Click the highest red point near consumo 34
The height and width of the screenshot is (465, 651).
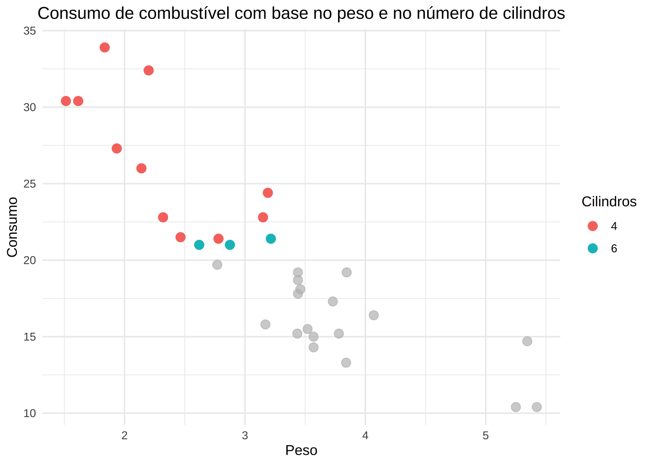(105, 47)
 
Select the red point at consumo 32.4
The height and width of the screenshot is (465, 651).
(149, 70)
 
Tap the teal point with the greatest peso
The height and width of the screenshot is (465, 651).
(271, 239)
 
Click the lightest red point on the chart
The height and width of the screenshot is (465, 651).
(66, 101)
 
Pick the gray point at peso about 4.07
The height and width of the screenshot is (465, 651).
(373, 315)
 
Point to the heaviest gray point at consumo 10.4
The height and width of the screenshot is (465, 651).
(537, 407)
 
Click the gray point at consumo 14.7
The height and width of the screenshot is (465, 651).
(527, 341)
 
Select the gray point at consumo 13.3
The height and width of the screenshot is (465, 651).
(346, 363)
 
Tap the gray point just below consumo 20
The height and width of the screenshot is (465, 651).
(217, 264)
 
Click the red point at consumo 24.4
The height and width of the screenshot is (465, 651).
(268, 193)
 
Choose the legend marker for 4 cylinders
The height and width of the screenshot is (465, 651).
(592, 226)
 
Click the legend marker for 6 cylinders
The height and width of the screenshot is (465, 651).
(592, 248)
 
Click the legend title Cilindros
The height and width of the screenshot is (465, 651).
(609, 202)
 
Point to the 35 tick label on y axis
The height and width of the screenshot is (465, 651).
(30, 31)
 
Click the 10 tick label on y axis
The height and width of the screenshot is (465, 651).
(30, 413)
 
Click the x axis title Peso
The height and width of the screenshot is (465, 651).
(301, 450)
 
